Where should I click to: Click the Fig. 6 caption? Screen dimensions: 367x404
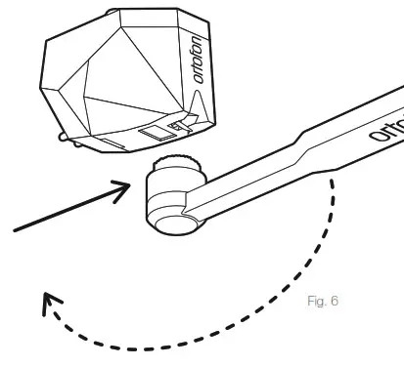(321, 301)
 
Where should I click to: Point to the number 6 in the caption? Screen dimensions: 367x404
(334, 301)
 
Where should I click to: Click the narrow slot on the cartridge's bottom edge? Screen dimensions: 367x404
(113, 145)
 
